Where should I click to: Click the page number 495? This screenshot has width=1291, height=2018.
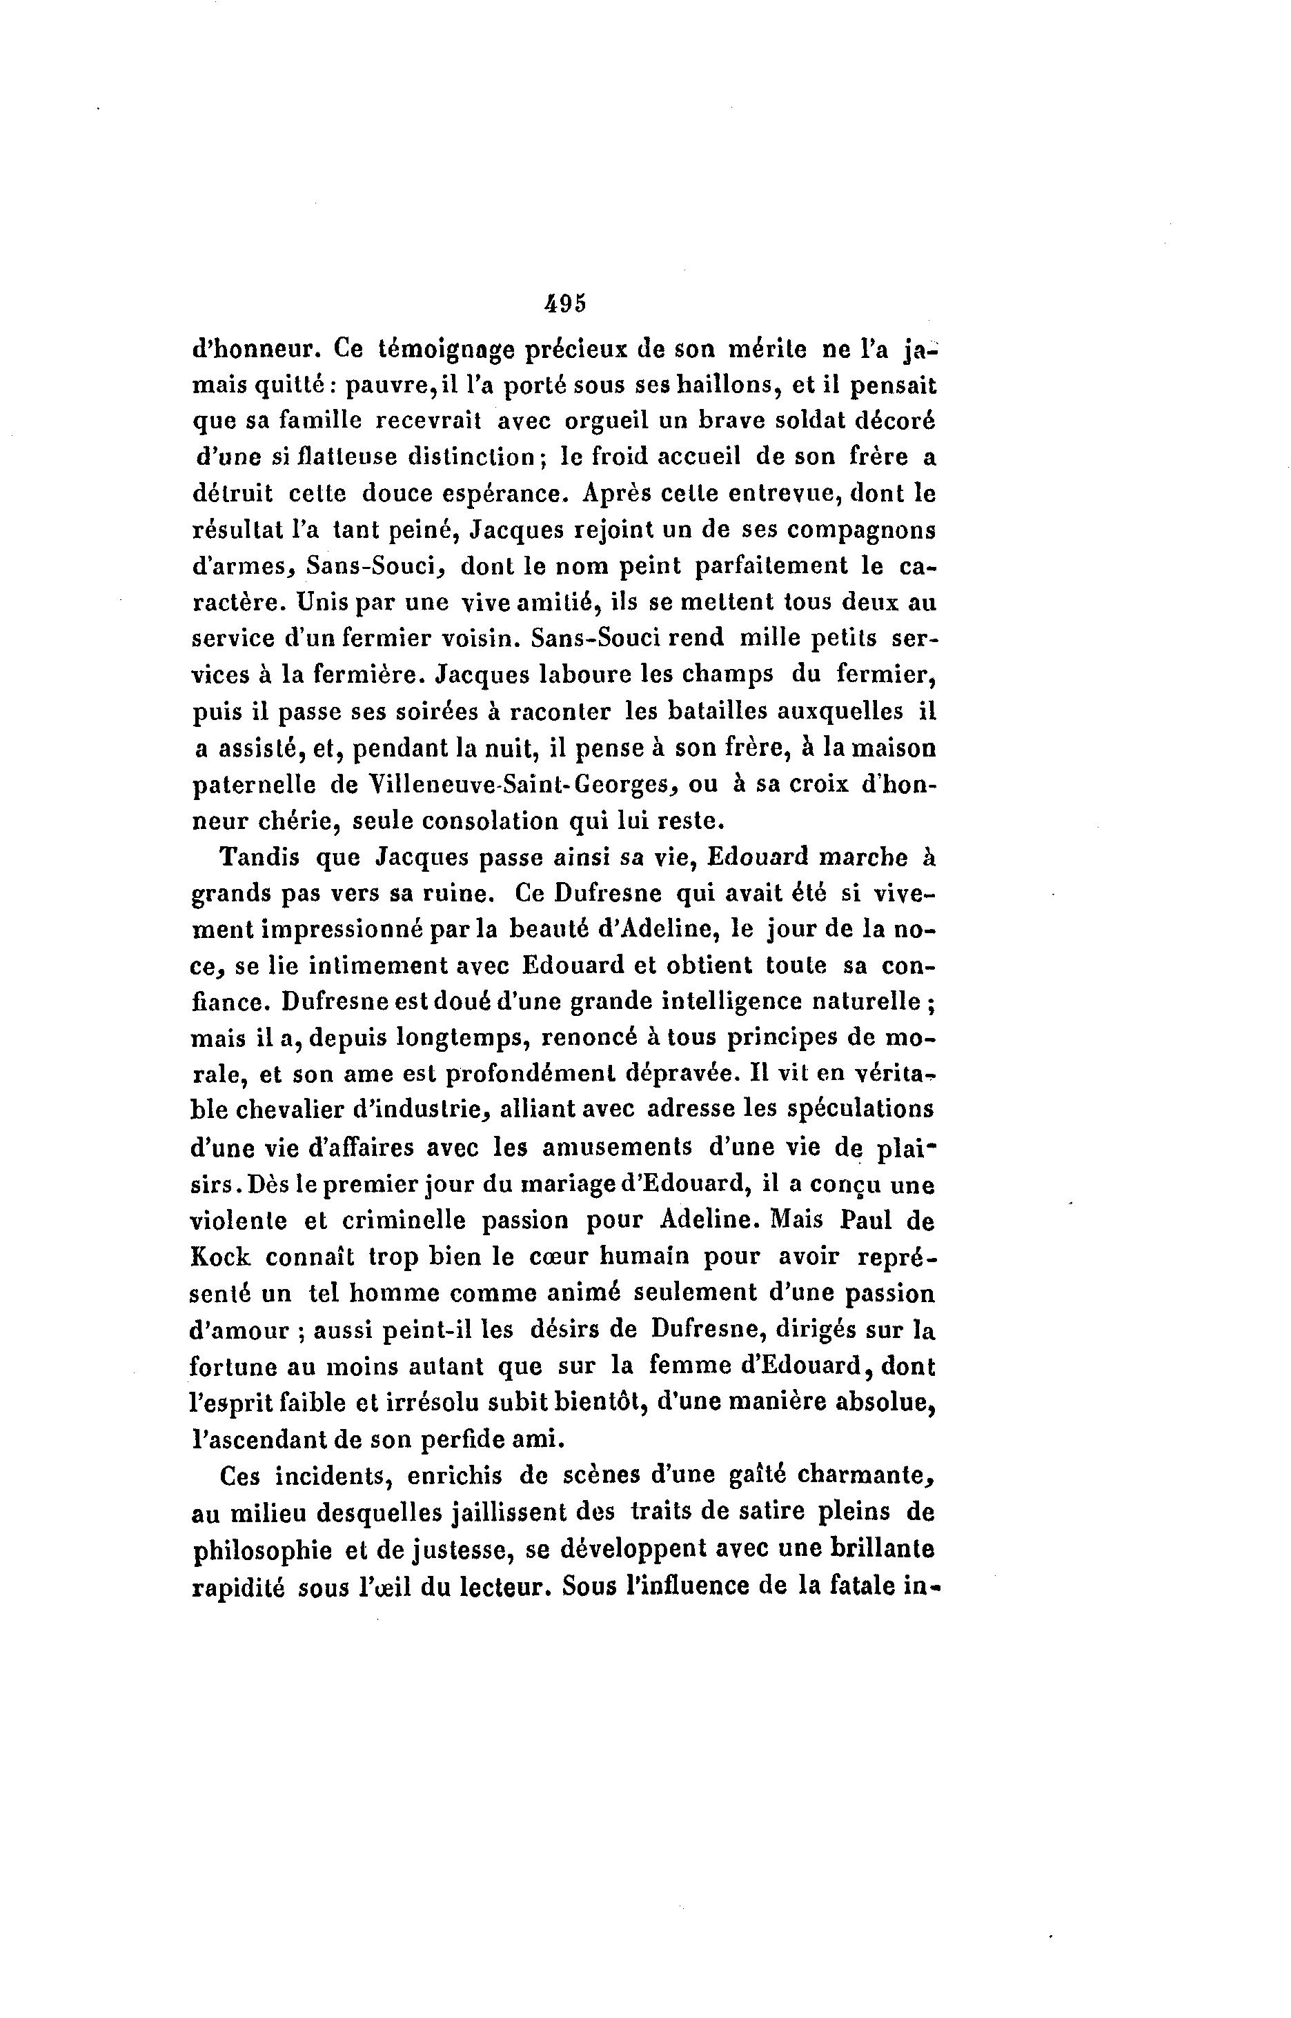564,303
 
